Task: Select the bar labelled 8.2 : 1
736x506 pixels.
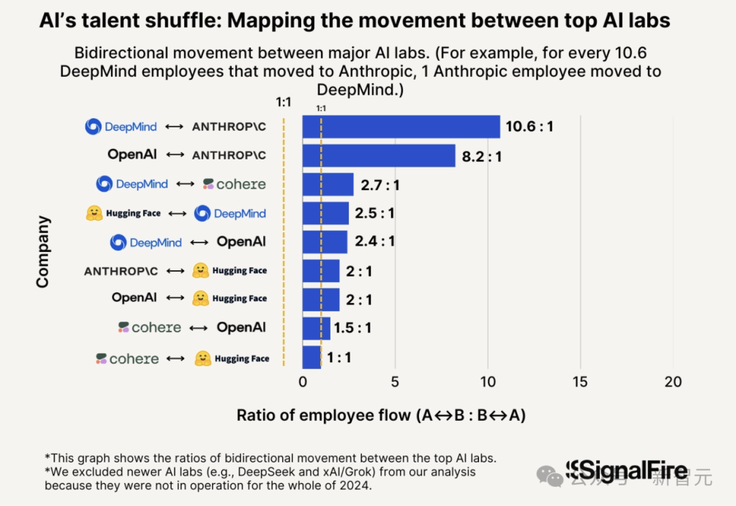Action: (x=378, y=156)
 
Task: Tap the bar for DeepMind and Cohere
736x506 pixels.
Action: (x=328, y=185)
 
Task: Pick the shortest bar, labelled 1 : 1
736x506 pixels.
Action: (x=311, y=357)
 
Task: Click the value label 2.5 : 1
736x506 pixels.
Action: (x=374, y=213)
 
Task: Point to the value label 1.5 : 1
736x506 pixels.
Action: (x=352, y=328)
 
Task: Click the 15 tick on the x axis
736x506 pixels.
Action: (x=580, y=382)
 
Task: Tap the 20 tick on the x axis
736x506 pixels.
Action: (x=673, y=382)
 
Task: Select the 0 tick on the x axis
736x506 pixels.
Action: (x=303, y=382)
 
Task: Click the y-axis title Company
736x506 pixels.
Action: (x=43, y=251)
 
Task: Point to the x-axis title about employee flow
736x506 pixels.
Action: (x=381, y=415)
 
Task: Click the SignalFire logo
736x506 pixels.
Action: (x=626, y=471)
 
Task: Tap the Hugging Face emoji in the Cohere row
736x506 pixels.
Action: (x=202, y=358)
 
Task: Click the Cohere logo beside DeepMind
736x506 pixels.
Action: (x=234, y=184)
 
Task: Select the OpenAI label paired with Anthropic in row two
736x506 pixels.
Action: (x=132, y=155)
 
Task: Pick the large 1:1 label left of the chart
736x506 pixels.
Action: (x=283, y=103)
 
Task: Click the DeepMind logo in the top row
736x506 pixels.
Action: (x=93, y=127)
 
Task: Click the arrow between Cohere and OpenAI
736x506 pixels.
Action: (x=198, y=328)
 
